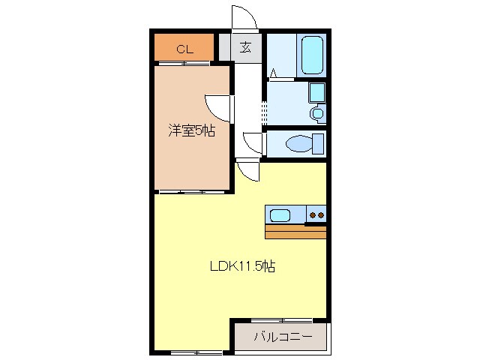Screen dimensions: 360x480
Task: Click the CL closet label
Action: pyautogui.click(x=184, y=49)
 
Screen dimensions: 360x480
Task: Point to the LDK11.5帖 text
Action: pyautogui.click(x=241, y=266)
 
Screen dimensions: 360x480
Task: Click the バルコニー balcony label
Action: pyautogui.click(x=282, y=337)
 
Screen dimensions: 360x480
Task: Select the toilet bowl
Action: pyautogui.click(x=304, y=142)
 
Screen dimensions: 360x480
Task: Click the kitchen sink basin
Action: pyautogui.click(x=280, y=215)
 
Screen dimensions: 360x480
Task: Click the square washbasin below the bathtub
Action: pyautogui.click(x=317, y=93)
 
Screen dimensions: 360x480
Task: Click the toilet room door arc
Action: pyautogui.click(x=253, y=143)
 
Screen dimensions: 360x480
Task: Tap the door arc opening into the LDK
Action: pyautogui.click(x=247, y=171)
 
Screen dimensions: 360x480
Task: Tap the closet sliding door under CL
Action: pyautogui.click(x=184, y=64)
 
